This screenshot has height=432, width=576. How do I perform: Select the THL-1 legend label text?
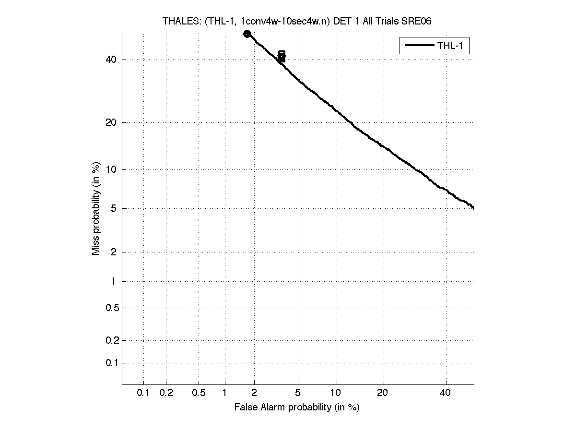[x=450, y=46]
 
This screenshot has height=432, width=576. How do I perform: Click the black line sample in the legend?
[x=419, y=46]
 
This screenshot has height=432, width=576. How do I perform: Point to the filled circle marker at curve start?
[x=247, y=34]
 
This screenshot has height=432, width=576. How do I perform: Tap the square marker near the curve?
[x=282, y=55]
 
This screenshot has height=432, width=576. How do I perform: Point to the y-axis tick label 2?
[x=114, y=252]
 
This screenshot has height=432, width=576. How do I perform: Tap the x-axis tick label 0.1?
[x=143, y=393]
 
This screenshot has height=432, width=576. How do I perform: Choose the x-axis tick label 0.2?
[x=166, y=393]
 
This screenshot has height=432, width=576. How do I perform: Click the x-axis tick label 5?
[x=298, y=393]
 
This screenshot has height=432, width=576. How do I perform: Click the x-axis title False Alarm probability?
[x=296, y=408]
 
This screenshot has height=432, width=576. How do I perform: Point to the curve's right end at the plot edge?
[x=473, y=208]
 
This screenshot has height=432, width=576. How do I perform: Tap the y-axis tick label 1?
[x=114, y=281]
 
